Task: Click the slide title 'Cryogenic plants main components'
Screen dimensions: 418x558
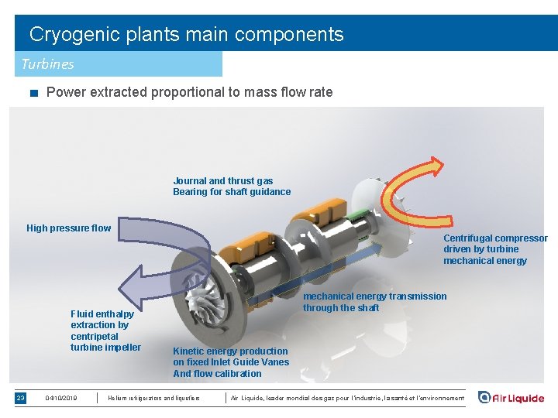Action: pos(186,35)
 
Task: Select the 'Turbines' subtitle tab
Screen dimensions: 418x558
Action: pos(48,63)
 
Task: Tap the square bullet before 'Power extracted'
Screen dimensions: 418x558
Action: pos(33,94)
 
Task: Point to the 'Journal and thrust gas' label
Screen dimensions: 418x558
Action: pos(223,181)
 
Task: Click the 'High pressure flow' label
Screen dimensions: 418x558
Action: pos(68,228)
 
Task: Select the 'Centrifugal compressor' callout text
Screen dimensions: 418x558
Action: pos(495,238)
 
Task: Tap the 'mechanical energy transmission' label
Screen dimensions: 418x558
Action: pos(374,296)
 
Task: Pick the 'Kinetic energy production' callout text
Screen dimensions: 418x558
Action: pos(230,351)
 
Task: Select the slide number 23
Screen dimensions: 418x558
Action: pos(21,398)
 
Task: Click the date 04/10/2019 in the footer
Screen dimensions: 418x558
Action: pos(61,398)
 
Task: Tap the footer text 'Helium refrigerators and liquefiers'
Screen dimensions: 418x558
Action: pos(154,398)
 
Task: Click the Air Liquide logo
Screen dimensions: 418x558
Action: pos(511,398)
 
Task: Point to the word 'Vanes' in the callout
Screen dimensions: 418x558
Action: pos(275,362)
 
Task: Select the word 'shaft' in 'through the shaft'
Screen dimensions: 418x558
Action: pos(366,308)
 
